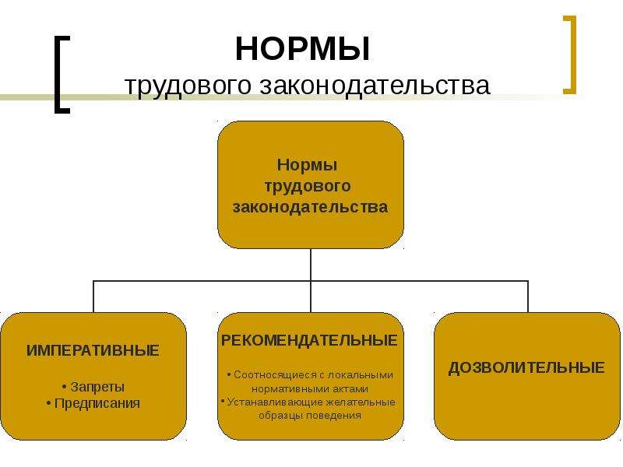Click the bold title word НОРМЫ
click(x=302, y=49)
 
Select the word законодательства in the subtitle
click(x=375, y=85)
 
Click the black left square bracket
click(x=62, y=75)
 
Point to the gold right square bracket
click(x=570, y=54)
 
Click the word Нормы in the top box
click(x=307, y=165)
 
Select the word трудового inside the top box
click(x=308, y=186)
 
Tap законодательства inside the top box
click(x=310, y=207)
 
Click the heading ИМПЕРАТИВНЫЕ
click(x=93, y=351)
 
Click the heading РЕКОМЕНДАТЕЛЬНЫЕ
click(x=309, y=340)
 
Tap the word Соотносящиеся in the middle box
click(x=275, y=375)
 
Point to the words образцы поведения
click(x=310, y=416)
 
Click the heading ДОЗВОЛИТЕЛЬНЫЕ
click(x=526, y=367)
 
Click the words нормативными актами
click(x=310, y=388)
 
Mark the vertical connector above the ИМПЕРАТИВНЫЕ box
click(x=93, y=297)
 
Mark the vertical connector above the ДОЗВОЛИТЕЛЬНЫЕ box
click(x=528, y=297)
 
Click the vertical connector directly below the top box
click(x=310, y=265)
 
